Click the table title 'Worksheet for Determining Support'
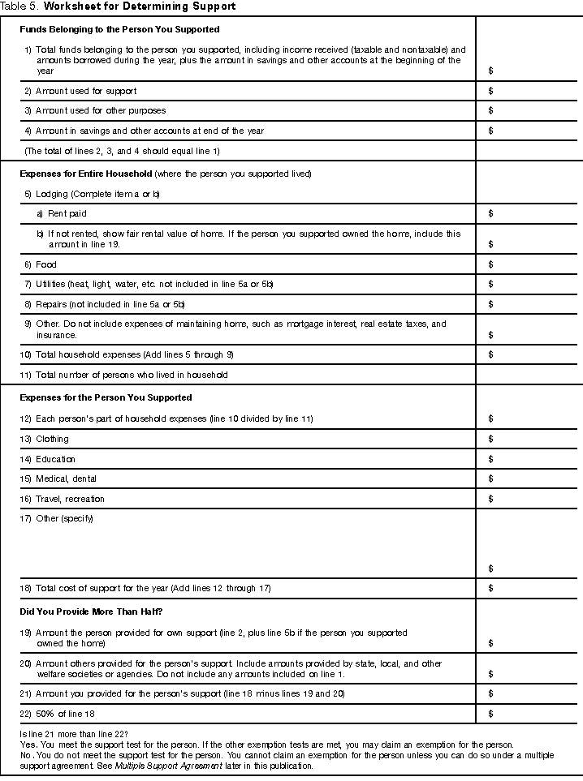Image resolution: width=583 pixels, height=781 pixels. tap(140, 6)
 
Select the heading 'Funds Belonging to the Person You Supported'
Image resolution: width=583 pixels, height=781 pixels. tap(108, 29)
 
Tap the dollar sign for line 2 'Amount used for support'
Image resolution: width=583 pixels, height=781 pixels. tap(490, 91)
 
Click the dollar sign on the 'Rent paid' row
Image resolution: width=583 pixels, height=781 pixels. tap(490, 213)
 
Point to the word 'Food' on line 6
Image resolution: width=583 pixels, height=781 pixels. tap(46, 264)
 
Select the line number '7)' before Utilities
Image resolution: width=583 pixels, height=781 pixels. tap(28, 284)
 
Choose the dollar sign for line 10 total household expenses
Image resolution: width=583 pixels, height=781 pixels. tap(490, 354)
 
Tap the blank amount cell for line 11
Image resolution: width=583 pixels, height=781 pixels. tap(528, 375)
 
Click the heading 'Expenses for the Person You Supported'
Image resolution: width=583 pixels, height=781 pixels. tap(106, 397)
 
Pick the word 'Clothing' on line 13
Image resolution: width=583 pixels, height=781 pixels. tap(52, 439)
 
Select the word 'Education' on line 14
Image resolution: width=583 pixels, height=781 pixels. tap(55, 459)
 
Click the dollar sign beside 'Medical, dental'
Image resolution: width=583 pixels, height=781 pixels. tap(490, 478)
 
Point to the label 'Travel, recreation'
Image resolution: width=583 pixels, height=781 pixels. tap(70, 499)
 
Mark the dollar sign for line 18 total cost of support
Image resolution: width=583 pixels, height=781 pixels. tap(490, 587)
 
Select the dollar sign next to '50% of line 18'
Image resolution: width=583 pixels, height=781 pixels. tap(490, 714)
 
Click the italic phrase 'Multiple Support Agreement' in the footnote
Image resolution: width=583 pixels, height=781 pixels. tap(165, 766)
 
